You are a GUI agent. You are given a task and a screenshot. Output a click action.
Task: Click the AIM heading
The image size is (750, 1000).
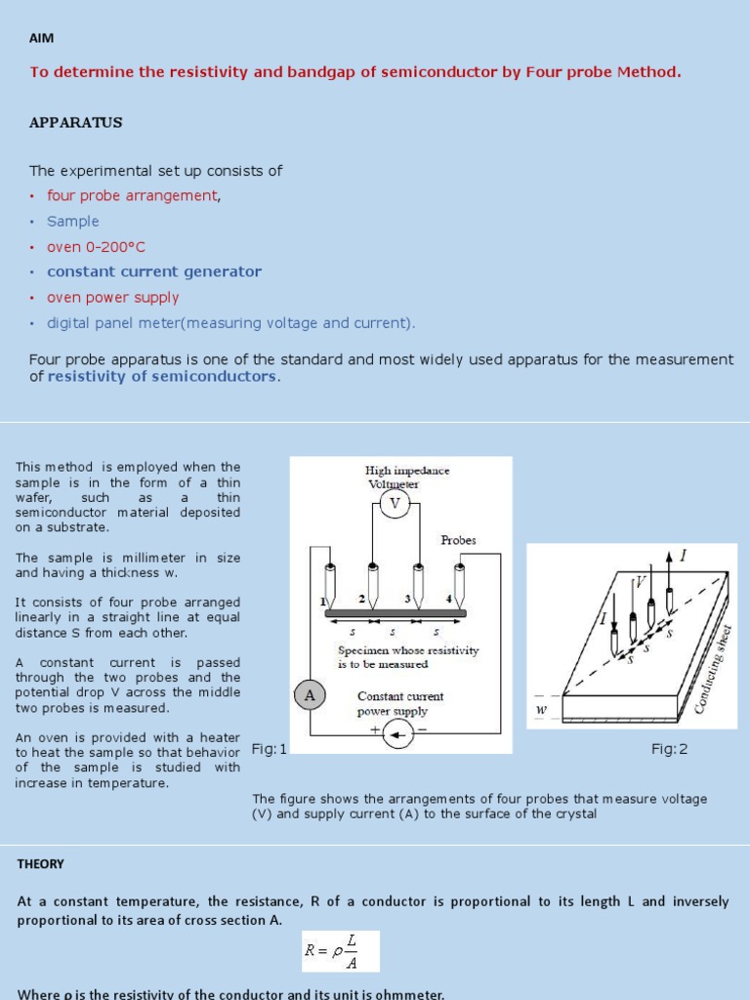pos(41,38)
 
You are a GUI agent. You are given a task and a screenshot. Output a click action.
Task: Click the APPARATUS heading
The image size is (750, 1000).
pos(75,123)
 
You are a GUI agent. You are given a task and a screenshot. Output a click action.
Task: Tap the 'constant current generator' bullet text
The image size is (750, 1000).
pos(154,272)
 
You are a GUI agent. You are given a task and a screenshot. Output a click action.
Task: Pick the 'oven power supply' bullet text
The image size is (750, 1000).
pos(113,298)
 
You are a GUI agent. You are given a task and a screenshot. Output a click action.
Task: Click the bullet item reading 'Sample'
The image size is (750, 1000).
pos(73,222)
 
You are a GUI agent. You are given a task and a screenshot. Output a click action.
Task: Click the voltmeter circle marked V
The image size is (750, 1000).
pos(395,504)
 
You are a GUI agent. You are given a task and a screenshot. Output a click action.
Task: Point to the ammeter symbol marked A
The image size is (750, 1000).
pos(310,695)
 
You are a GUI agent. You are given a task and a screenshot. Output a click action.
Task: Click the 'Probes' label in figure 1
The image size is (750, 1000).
pos(458,540)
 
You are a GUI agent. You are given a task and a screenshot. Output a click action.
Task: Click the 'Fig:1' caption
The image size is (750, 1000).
pos(270,749)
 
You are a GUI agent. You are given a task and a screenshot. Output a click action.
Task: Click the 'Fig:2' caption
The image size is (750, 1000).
pos(670,749)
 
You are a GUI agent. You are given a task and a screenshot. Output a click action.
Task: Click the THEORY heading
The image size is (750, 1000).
pos(41,864)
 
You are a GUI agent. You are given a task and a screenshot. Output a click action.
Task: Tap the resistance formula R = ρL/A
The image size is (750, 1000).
pos(340,951)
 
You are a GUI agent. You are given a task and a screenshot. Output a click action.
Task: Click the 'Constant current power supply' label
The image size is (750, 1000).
pos(399,704)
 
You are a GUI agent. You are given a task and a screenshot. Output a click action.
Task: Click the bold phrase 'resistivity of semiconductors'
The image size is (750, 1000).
pos(163,377)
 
